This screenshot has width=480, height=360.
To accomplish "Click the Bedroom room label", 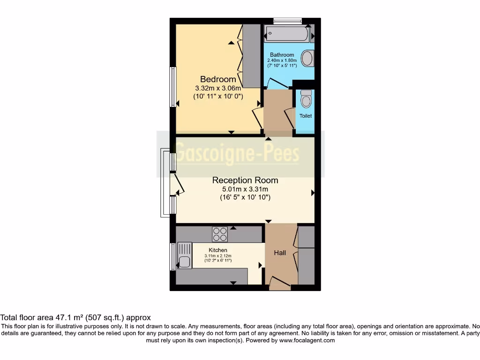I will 218,79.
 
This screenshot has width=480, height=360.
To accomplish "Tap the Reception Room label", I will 245,180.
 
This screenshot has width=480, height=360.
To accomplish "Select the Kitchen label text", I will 218,250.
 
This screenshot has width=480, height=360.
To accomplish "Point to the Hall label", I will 280,253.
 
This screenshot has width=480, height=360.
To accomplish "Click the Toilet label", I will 306,116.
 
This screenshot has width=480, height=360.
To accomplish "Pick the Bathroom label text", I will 282,55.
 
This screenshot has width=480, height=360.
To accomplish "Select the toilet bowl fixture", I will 306,99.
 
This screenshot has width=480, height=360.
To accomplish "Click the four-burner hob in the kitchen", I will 220,233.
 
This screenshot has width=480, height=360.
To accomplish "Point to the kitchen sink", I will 185,255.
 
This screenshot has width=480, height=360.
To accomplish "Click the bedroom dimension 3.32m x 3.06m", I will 218,88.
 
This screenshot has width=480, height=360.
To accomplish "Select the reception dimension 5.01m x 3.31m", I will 245,189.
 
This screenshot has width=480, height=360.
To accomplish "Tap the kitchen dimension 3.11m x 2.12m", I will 218,256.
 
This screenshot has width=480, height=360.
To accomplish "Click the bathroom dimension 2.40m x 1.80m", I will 282,60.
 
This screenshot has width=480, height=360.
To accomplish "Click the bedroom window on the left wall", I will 172,87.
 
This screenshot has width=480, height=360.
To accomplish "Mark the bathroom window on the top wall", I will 287,21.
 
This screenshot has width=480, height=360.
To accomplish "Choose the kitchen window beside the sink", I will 172,256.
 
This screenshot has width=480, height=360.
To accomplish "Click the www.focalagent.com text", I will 307,340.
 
